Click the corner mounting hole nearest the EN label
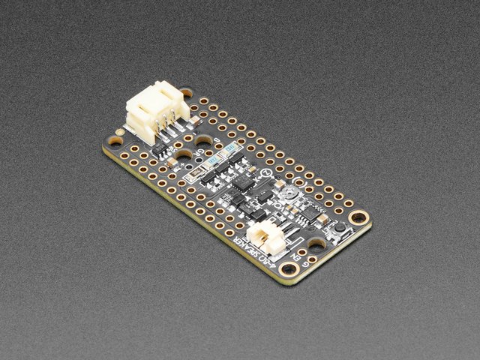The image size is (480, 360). pyautogui.click(x=288, y=268)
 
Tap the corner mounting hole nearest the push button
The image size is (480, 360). pyautogui.click(x=359, y=218)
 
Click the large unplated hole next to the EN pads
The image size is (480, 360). pyautogui.click(x=316, y=244)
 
